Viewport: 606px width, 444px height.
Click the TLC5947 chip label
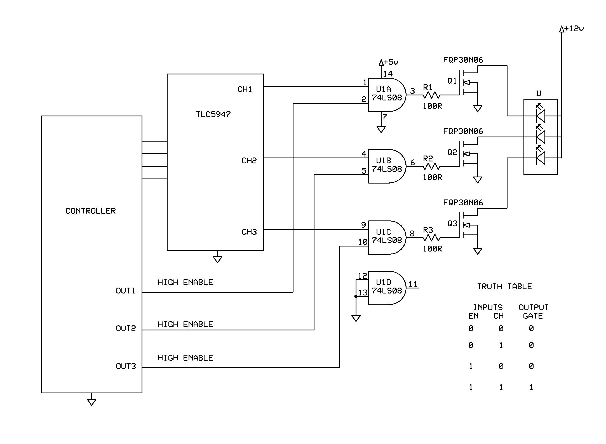pyautogui.click(x=213, y=114)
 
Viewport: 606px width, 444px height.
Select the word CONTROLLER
pyautogui.click(x=90, y=211)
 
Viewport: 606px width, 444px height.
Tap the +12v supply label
pyautogui.click(x=574, y=29)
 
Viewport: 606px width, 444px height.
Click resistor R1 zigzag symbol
pyautogui.click(x=431, y=95)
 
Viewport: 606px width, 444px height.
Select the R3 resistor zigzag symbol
pyautogui.click(x=431, y=238)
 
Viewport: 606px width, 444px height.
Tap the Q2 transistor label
pyautogui.click(x=452, y=152)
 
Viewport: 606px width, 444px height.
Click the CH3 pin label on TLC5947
pyautogui.click(x=249, y=232)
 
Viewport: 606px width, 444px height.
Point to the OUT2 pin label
pyautogui.click(x=126, y=328)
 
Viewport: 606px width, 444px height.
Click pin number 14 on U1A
pyautogui.click(x=388, y=74)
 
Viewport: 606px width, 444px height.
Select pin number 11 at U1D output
pyautogui.click(x=413, y=285)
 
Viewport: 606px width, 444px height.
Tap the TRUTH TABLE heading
pyautogui.click(x=504, y=286)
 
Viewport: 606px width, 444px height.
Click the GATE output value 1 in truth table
pyautogui.click(x=531, y=387)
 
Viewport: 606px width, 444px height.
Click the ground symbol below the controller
pyautogui.click(x=91, y=402)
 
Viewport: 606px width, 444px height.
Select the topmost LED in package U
pyautogui.click(x=540, y=115)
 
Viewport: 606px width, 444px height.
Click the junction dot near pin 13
pyautogui.click(x=356, y=296)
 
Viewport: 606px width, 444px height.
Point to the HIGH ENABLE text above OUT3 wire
pyautogui.click(x=185, y=358)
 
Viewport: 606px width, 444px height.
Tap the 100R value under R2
pyautogui.click(x=432, y=177)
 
